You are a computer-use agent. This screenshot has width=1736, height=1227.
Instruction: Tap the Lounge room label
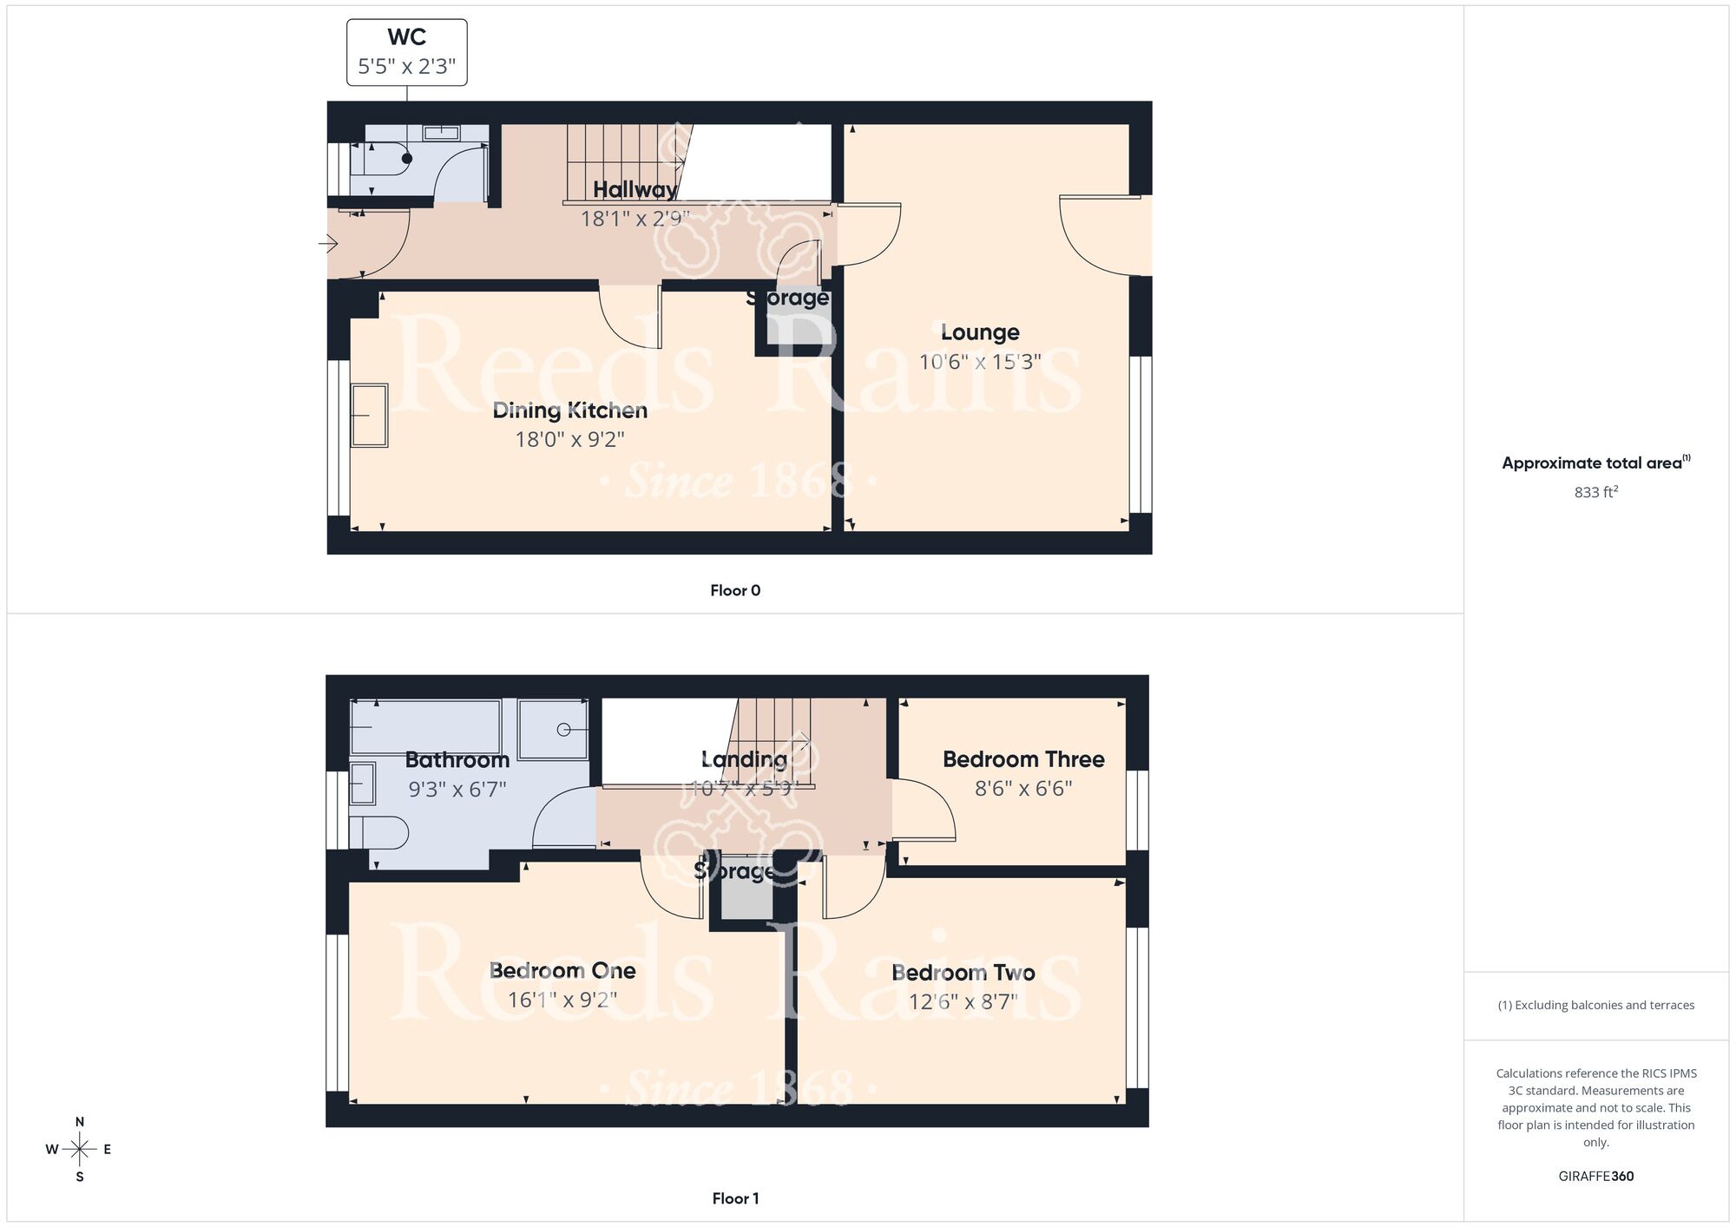(980, 332)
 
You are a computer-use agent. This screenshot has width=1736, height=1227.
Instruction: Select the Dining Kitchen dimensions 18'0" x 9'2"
(569, 439)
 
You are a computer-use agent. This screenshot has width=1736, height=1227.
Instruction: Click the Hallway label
(635, 190)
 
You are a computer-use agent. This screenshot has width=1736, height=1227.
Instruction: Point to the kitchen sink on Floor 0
(369, 416)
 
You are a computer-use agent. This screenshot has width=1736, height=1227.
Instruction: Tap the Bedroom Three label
(1023, 759)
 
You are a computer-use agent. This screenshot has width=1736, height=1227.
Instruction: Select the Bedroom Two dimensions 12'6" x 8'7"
(963, 1001)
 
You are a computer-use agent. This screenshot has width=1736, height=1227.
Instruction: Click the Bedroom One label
(562, 970)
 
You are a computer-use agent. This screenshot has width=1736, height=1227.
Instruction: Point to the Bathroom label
(457, 760)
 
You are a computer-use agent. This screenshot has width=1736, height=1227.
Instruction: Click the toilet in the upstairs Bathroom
(382, 833)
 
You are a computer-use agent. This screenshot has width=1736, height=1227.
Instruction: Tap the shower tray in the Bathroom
(552, 729)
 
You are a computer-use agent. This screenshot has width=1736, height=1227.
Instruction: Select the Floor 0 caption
(735, 590)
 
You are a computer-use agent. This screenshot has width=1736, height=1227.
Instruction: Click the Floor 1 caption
(735, 1198)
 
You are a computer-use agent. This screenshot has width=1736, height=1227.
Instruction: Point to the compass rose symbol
(79, 1150)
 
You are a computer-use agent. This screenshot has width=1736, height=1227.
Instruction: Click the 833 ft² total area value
(1595, 492)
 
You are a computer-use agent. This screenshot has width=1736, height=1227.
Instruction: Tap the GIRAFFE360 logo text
(1595, 1177)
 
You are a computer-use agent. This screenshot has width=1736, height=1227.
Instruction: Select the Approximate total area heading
(1595, 463)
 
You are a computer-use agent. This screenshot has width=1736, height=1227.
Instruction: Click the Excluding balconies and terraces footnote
(1595, 1005)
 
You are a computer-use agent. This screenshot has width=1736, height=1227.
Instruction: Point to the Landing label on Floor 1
(744, 759)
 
